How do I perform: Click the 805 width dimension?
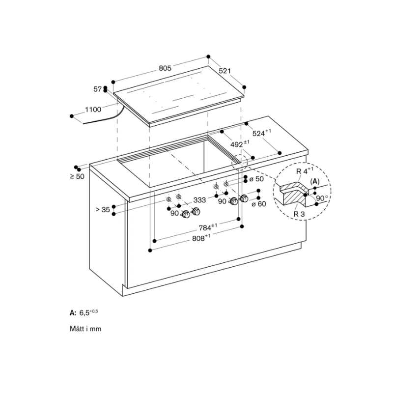click(165, 69)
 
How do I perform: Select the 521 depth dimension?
click(225, 71)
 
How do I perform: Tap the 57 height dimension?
click(97, 89)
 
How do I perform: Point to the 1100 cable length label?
click(93, 110)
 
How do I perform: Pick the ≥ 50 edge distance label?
click(77, 176)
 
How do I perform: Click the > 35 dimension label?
click(102, 210)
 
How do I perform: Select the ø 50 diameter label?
click(256, 179)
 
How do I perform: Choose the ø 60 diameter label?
click(258, 203)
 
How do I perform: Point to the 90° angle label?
click(322, 198)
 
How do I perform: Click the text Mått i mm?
click(85, 329)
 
